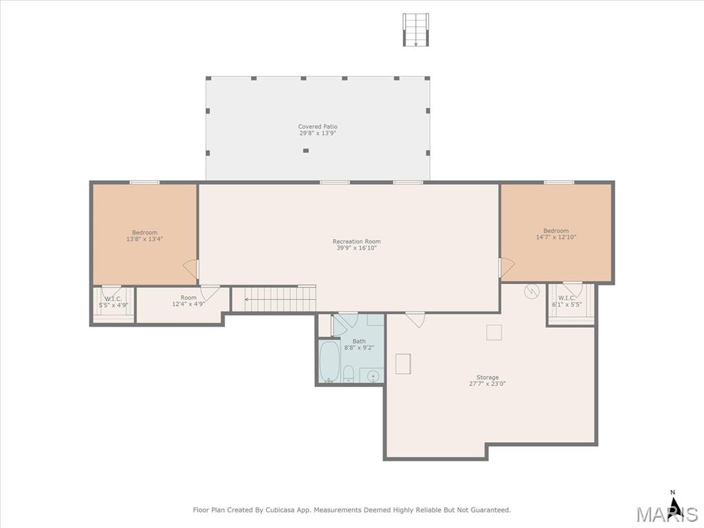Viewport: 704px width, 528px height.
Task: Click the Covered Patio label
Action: click(318, 130)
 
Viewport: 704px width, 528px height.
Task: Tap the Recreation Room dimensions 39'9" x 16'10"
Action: click(357, 247)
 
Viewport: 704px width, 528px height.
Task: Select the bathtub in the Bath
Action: click(329, 362)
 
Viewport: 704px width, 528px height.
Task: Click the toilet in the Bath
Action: click(348, 374)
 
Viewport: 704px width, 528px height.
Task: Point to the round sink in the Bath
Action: click(373, 376)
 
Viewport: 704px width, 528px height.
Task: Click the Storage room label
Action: click(487, 380)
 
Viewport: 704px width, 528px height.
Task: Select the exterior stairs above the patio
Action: click(416, 30)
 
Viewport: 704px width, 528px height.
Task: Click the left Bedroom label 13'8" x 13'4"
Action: click(144, 236)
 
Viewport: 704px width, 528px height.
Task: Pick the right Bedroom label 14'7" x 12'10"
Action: click(555, 234)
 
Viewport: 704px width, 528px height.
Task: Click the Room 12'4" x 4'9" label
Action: click(188, 301)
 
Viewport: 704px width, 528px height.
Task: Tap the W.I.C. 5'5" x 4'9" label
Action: click(113, 302)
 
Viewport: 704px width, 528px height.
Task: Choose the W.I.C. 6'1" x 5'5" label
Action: click(566, 301)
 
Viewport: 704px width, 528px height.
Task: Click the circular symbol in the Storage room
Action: click(531, 291)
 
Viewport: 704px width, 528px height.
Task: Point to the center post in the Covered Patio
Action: click(306, 151)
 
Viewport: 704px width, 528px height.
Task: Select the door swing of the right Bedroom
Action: click(507, 267)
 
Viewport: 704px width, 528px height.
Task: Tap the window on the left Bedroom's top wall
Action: click(144, 182)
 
